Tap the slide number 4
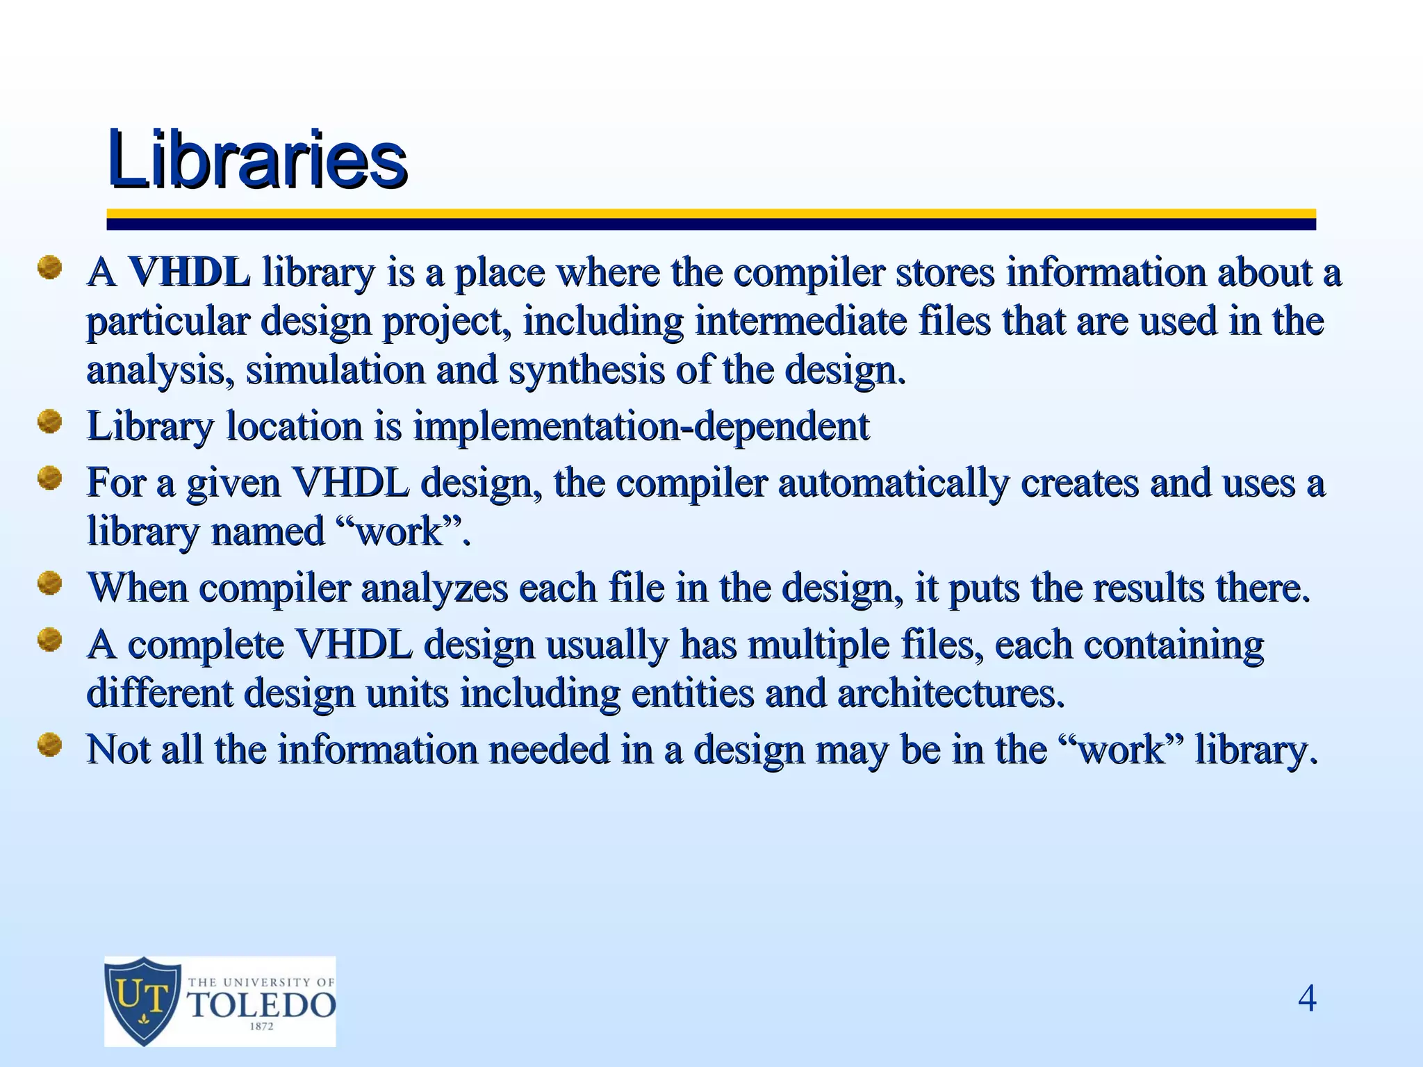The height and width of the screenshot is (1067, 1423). click(1307, 999)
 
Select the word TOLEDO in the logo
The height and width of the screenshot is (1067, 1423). click(262, 1004)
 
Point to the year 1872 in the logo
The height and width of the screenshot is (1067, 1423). click(261, 1027)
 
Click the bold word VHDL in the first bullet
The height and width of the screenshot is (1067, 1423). click(189, 272)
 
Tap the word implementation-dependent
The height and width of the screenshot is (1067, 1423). click(641, 426)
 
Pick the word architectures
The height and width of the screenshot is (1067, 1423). click(951, 693)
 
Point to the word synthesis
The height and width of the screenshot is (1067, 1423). click(586, 370)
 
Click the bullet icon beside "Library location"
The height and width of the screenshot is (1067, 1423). click(49, 422)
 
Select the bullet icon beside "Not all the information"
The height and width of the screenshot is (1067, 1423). click(49, 745)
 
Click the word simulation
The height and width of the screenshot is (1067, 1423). click(335, 370)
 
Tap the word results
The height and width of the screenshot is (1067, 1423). click(1149, 588)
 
